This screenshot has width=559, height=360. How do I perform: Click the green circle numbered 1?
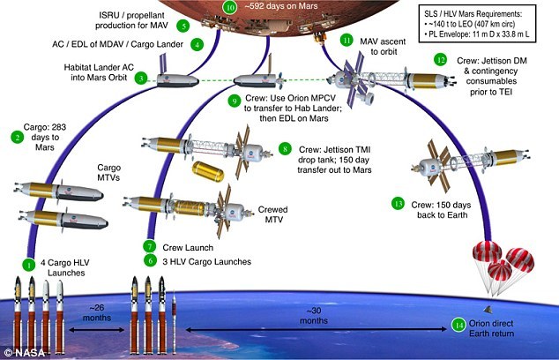(29, 263)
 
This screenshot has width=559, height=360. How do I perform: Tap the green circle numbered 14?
(458, 324)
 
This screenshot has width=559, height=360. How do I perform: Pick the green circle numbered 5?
(183, 26)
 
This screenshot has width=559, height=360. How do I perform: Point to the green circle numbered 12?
(440, 61)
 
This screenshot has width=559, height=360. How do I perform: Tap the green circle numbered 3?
(140, 79)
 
